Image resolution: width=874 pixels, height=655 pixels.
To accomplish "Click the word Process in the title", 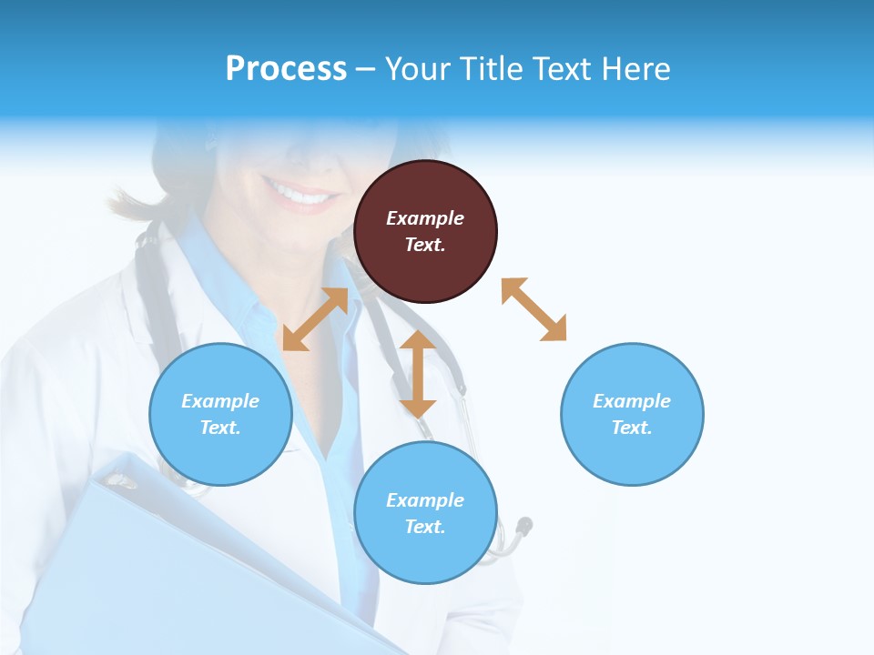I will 286,69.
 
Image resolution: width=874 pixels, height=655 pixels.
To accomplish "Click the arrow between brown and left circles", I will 315,319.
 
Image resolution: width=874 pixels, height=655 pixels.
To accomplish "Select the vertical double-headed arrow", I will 418,374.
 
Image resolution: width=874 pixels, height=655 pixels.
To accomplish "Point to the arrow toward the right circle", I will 534,309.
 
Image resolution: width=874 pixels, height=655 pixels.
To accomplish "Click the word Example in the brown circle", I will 425,218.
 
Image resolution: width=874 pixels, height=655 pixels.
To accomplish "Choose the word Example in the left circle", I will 220,401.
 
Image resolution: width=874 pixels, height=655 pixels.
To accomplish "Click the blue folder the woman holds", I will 182,564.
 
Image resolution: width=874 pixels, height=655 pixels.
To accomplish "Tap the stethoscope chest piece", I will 523,526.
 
